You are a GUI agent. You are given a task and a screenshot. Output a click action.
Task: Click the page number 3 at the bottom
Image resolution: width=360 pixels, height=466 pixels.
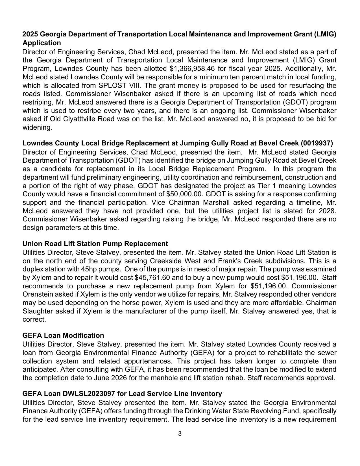click(180, 434)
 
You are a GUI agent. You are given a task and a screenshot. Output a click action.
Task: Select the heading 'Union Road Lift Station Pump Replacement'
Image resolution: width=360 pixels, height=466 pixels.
click(95, 244)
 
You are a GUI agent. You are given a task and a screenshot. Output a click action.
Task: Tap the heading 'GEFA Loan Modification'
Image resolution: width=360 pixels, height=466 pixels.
click(63, 336)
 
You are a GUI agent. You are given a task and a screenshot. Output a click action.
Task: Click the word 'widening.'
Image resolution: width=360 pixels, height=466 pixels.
click(37, 127)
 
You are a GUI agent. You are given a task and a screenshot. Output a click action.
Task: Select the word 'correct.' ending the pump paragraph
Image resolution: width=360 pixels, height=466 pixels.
click(34, 320)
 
